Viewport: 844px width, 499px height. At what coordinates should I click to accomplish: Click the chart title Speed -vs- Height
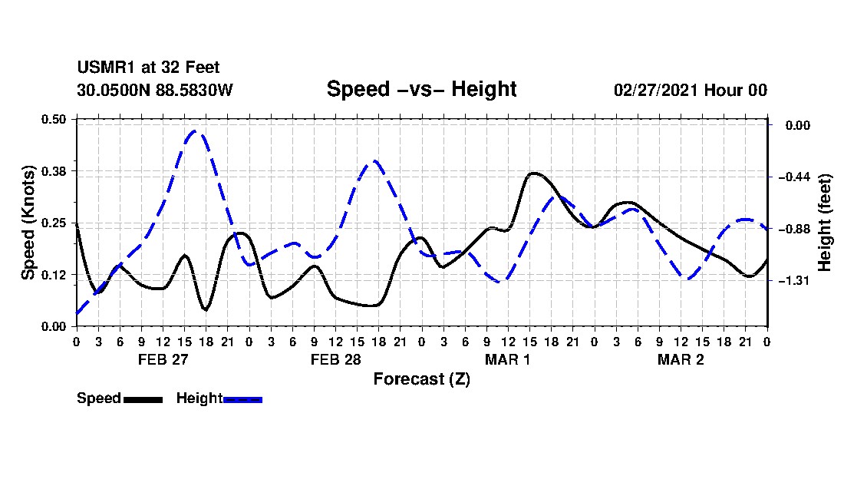421,89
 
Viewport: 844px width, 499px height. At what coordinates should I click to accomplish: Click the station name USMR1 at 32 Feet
149,68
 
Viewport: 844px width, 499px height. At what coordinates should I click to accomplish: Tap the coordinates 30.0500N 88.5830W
155,90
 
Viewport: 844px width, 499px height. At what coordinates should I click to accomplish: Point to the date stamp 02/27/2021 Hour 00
691,90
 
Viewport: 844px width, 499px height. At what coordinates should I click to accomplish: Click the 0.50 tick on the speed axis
54,119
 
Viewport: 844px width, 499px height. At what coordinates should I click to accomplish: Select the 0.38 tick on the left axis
54,171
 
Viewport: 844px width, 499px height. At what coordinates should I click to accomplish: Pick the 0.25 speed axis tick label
54,223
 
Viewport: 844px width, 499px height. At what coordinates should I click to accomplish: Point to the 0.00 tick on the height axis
798,125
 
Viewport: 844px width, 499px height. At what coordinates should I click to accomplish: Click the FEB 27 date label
163,359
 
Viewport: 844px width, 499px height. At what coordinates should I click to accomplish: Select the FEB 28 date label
336,359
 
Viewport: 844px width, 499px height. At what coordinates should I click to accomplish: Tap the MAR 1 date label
508,359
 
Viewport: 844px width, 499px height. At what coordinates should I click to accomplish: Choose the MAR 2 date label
681,359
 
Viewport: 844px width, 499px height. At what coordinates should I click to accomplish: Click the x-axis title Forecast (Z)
422,379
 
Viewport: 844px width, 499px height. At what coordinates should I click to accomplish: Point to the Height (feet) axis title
824,223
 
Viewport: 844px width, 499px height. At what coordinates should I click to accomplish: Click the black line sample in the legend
143,399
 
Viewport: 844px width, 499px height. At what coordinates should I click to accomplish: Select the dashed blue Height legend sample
242,399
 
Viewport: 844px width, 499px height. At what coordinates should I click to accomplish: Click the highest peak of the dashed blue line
195,131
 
